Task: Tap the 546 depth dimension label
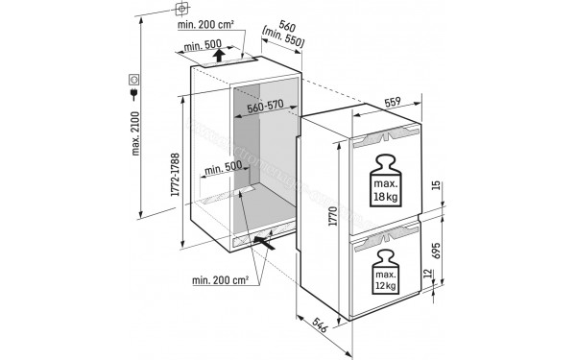point(324,332)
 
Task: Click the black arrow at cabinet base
point(273,245)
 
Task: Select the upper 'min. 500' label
point(202,44)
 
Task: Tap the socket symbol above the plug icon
point(134,78)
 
